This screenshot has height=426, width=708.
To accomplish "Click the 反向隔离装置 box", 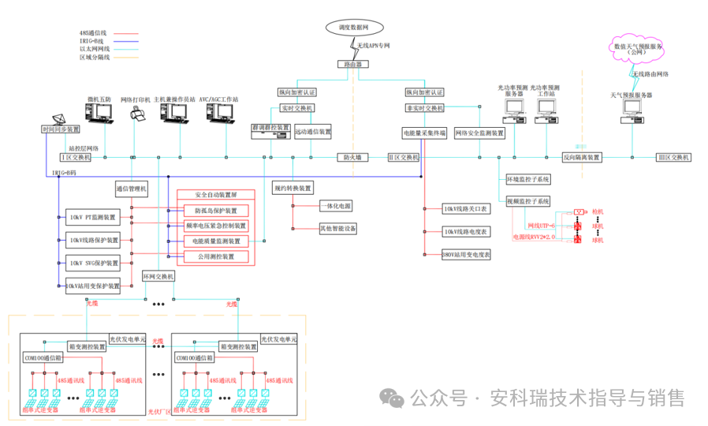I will pyautogui.click(x=582, y=158).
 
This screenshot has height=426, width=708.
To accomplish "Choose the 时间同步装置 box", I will pyautogui.click(x=61, y=129).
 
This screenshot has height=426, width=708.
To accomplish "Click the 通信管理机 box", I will pyautogui.click(x=132, y=189).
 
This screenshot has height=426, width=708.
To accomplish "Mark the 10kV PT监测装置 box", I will pyautogui.click(x=92, y=217).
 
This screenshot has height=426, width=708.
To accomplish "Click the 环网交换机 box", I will pyautogui.click(x=158, y=277).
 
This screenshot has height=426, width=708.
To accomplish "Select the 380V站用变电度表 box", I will pyautogui.click(x=466, y=255).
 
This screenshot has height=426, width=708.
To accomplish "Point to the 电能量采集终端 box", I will pyautogui.click(x=424, y=133).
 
